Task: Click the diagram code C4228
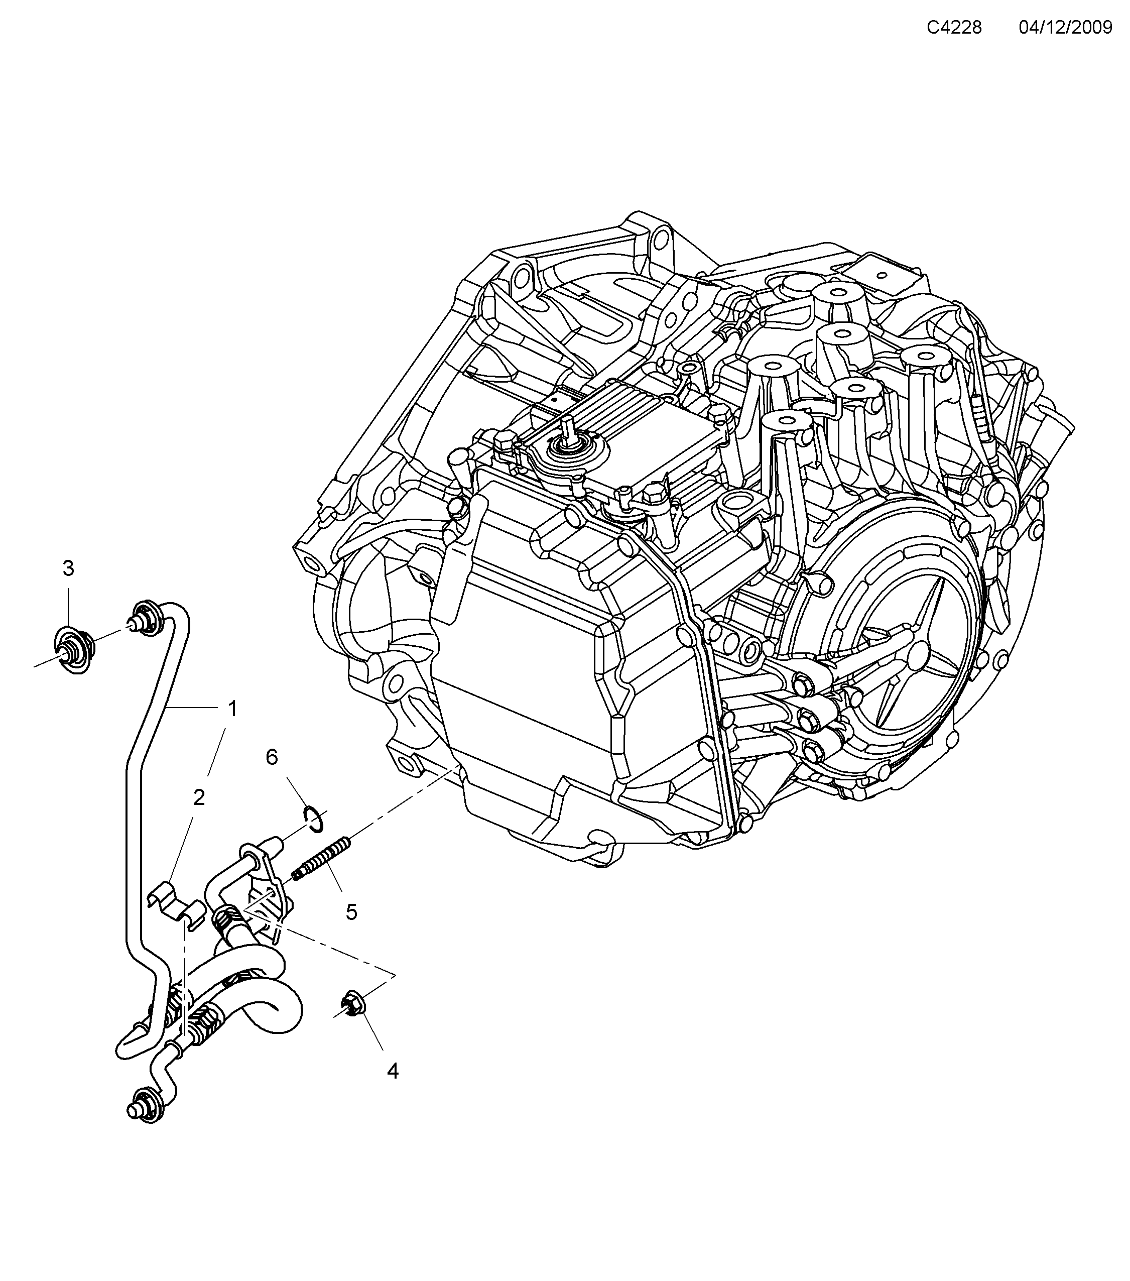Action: coord(954,28)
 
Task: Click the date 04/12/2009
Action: coord(1065,28)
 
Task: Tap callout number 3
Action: coord(68,568)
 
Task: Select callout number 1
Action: coord(232,709)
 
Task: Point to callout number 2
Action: coord(199,798)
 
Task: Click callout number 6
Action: coord(271,757)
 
